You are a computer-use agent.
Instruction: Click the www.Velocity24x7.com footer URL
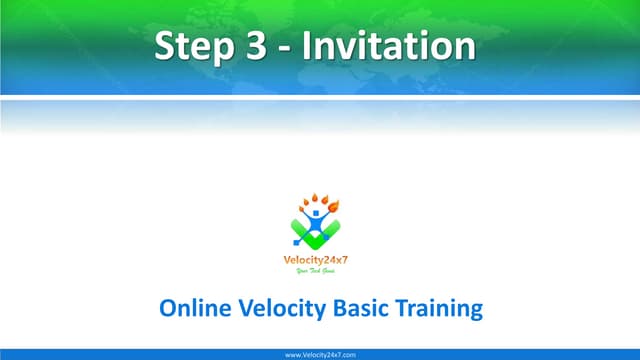[320, 354]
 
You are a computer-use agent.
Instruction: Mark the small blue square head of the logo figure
[316, 211]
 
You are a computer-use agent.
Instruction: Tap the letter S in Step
[166, 46]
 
